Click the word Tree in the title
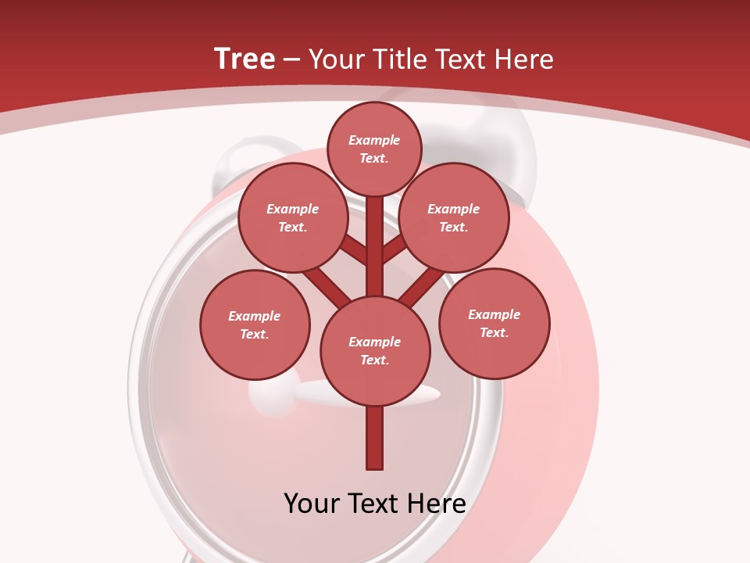click(245, 59)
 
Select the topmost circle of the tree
click(374, 149)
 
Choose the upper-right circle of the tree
click(454, 217)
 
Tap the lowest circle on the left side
click(255, 325)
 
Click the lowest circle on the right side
click(495, 323)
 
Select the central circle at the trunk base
click(375, 350)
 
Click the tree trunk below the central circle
click(375, 438)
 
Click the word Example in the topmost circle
click(374, 141)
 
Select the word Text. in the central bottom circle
click(374, 360)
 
